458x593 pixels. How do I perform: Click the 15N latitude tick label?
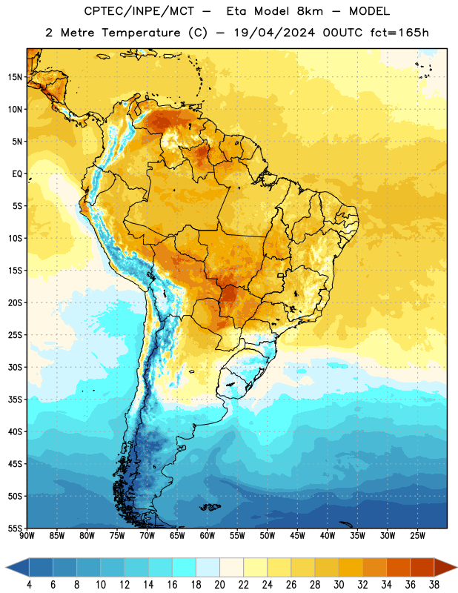pyautogui.click(x=15, y=77)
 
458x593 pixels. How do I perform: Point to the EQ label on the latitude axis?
pyautogui.click(x=17, y=174)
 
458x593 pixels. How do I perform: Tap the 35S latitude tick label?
pyautogui.click(x=15, y=400)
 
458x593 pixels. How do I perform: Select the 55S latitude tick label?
pyautogui.click(x=15, y=528)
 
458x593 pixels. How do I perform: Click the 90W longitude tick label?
pyautogui.click(x=27, y=535)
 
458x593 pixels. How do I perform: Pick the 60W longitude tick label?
pyautogui.click(x=208, y=535)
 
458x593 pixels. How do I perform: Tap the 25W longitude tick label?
pyautogui.click(x=417, y=535)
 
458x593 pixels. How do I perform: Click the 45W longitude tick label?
pyautogui.click(x=297, y=535)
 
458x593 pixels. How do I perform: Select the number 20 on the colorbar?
pyautogui.click(x=219, y=585)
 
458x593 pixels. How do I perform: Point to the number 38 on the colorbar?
pyautogui.click(x=434, y=585)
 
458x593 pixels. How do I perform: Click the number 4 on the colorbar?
pyautogui.click(x=29, y=585)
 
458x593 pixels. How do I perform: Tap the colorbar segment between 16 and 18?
pyautogui.click(x=185, y=567)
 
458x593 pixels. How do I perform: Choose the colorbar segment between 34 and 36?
pyautogui.click(x=399, y=567)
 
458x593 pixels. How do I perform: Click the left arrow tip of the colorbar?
pyautogui.click(x=6, y=567)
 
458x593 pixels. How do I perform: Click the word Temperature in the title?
pyautogui.click(x=141, y=33)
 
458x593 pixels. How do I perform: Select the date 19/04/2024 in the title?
pyautogui.click(x=274, y=33)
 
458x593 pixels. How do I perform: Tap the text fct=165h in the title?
pyautogui.click(x=399, y=33)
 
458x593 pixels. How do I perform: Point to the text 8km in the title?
pyautogui.click(x=310, y=11)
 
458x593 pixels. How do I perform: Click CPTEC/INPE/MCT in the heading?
pyautogui.click(x=139, y=11)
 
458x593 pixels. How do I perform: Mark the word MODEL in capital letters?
pyautogui.click(x=369, y=11)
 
